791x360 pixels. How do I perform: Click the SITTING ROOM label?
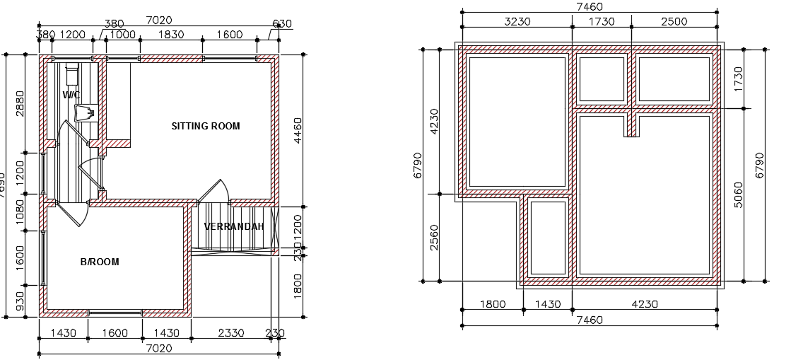(206, 127)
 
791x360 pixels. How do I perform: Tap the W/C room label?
(71, 95)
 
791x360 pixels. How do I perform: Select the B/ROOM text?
(100, 262)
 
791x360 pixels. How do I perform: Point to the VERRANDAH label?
(234, 227)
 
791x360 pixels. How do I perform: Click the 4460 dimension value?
(298, 131)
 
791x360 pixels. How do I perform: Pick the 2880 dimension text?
(20, 103)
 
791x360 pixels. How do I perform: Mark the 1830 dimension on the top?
(171, 34)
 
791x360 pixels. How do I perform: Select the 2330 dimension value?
(231, 333)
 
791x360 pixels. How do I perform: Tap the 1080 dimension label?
(20, 220)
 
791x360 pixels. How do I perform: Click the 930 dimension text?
(20, 302)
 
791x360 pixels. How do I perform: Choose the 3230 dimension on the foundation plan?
(517, 22)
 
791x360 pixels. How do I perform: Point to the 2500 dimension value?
(674, 22)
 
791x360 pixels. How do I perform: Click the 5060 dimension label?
(739, 195)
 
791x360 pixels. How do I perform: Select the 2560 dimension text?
(434, 238)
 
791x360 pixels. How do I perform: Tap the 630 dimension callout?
(281, 24)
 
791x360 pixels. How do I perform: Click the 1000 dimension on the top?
(123, 34)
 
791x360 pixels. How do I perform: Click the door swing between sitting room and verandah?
(213, 191)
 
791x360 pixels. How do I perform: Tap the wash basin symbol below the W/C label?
(83, 112)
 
